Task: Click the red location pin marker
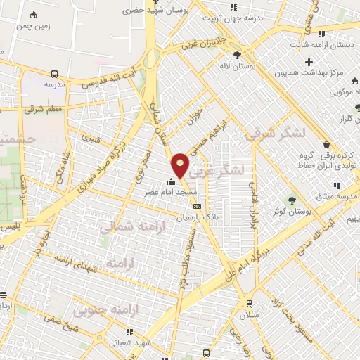click(181, 165)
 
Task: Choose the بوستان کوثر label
click(293, 211)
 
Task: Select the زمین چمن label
click(34, 25)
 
